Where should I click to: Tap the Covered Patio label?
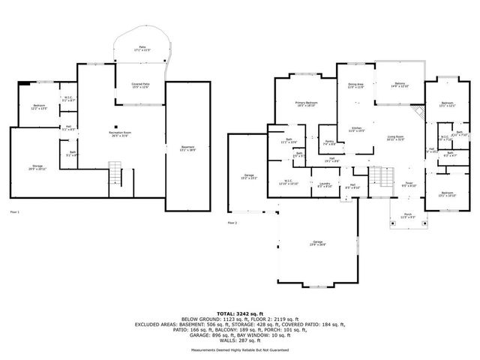(x=140, y=85)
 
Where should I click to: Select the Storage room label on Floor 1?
(x=37, y=167)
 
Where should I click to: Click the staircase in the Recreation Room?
(x=115, y=174)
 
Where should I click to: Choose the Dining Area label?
(x=356, y=86)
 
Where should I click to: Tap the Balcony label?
(x=400, y=86)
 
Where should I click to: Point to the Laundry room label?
(x=325, y=184)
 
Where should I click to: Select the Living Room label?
(x=395, y=138)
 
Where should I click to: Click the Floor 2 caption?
(x=232, y=223)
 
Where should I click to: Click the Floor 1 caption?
(x=13, y=213)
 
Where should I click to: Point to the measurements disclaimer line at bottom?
(x=240, y=349)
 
